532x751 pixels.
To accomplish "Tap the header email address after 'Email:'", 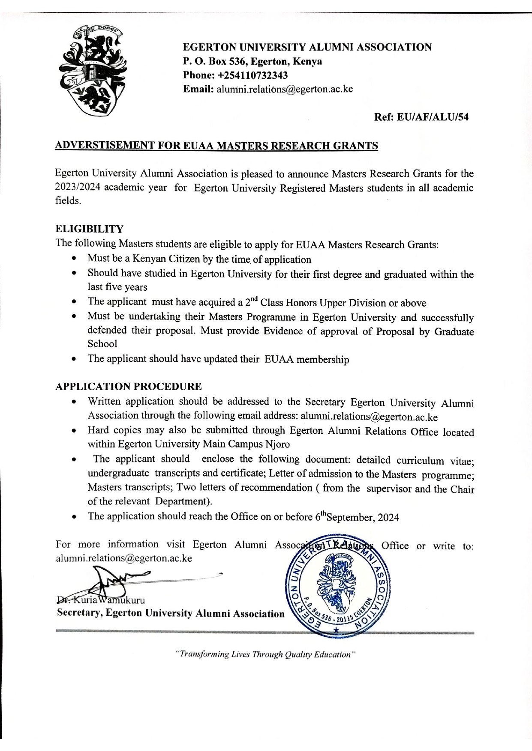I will (285, 89).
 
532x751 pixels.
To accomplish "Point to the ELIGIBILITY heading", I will (89, 229).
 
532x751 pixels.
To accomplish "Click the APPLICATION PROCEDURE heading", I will (128, 386).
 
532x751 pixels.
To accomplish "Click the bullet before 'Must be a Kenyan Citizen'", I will (75, 259).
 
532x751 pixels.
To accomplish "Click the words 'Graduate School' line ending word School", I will (102, 344).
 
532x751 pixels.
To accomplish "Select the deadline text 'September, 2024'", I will (363, 518).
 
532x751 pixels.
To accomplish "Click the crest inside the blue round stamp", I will (336, 585).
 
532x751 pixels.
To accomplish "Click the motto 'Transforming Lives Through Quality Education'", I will (266, 654).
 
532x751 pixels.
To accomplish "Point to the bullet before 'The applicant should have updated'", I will (75, 359).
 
